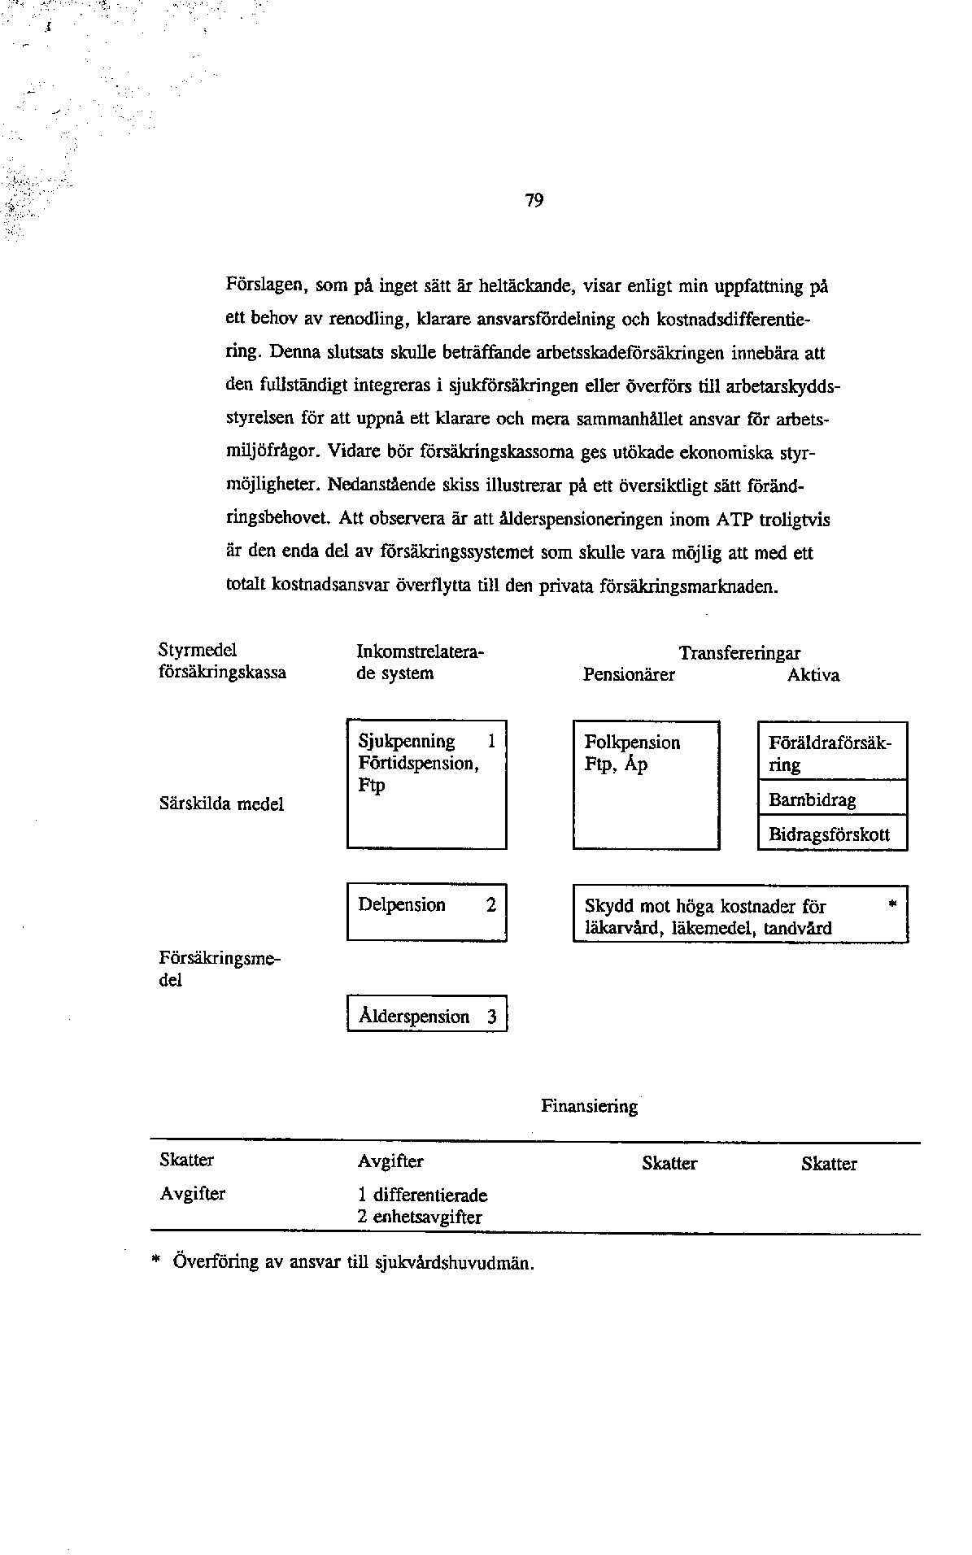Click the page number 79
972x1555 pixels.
click(x=534, y=201)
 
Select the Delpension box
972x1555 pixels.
click(x=427, y=912)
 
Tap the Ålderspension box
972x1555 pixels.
click(x=427, y=1014)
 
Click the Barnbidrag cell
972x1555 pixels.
click(x=831, y=799)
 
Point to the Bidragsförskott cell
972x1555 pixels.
click(x=831, y=834)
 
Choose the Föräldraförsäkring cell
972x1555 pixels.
click(x=831, y=753)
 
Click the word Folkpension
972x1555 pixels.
click(x=632, y=742)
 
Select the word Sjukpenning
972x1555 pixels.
click(x=407, y=741)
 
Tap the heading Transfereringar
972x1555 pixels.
click(x=739, y=653)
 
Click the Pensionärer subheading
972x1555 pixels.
click(x=629, y=675)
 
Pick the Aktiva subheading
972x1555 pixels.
click(x=813, y=675)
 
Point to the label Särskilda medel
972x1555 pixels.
click(x=221, y=804)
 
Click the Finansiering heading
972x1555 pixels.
click(x=589, y=1106)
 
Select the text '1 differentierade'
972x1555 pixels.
click(x=422, y=1196)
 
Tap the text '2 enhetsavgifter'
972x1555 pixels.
click(x=420, y=1217)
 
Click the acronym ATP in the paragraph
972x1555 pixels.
click(x=737, y=518)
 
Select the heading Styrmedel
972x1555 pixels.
click(x=197, y=650)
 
